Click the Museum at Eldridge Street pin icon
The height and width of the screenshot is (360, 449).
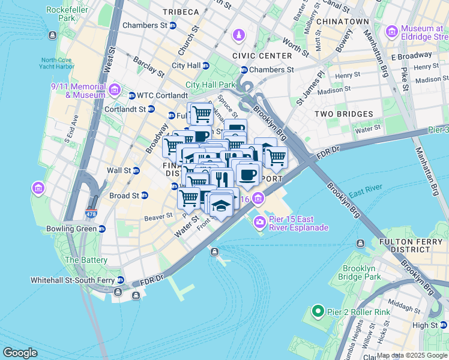tap(392, 31)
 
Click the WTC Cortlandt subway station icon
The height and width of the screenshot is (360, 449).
tap(131, 95)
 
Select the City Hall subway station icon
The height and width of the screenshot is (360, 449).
tap(206, 65)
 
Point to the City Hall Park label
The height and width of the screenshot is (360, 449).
tap(211, 85)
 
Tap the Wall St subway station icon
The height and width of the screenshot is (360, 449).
tap(136, 170)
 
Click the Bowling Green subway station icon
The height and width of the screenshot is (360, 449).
tap(102, 229)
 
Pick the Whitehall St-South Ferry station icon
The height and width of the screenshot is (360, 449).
tap(121, 280)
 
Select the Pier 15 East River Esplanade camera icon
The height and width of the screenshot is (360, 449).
tap(260, 222)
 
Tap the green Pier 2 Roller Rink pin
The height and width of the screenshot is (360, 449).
tap(318, 311)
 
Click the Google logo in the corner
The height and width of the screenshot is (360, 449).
tap(20, 353)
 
